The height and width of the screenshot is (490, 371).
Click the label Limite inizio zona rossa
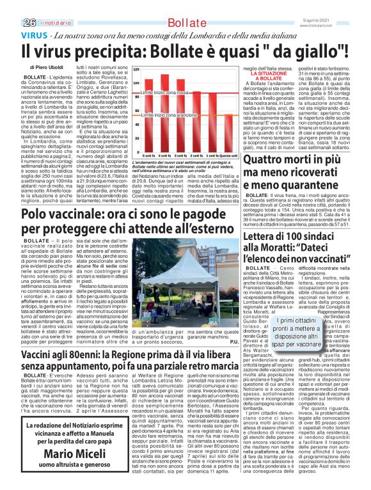pos(164,93)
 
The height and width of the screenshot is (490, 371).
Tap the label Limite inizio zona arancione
pos(169,115)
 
